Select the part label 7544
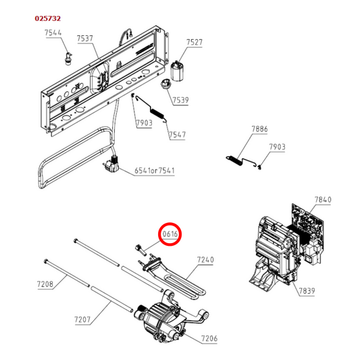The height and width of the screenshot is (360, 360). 54,33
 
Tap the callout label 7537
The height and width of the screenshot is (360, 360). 85,39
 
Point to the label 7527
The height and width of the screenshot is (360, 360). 195,43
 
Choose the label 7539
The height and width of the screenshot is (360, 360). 180,101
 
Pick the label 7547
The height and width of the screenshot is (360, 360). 177,135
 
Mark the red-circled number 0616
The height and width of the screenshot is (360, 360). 170,234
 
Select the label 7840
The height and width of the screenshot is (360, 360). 324,200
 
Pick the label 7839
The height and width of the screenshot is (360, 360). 307,290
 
